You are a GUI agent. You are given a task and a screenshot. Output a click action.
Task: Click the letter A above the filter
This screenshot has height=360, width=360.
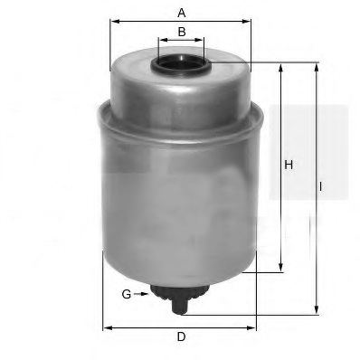(182, 12)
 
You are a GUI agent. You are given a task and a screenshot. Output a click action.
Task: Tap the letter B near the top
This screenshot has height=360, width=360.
(182, 32)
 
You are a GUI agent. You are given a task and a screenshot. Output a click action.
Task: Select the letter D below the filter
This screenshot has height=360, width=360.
(181, 337)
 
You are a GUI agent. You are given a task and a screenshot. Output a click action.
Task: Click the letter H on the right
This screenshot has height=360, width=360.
(289, 165)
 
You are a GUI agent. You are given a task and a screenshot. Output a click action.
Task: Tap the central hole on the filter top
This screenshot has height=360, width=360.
(182, 64)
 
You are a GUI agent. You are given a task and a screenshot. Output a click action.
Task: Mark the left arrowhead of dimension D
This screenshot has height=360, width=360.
(106, 326)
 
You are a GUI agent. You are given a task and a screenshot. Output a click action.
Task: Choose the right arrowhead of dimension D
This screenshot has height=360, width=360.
(256, 326)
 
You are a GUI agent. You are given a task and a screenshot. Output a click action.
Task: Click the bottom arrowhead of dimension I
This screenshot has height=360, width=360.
(317, 309)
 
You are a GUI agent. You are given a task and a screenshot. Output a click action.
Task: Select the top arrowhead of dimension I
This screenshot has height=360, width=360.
(317, 66)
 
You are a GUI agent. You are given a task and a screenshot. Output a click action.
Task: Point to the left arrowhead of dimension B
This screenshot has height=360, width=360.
(160, 42)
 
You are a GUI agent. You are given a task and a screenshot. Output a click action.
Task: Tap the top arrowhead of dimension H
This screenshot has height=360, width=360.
(282, 66)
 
